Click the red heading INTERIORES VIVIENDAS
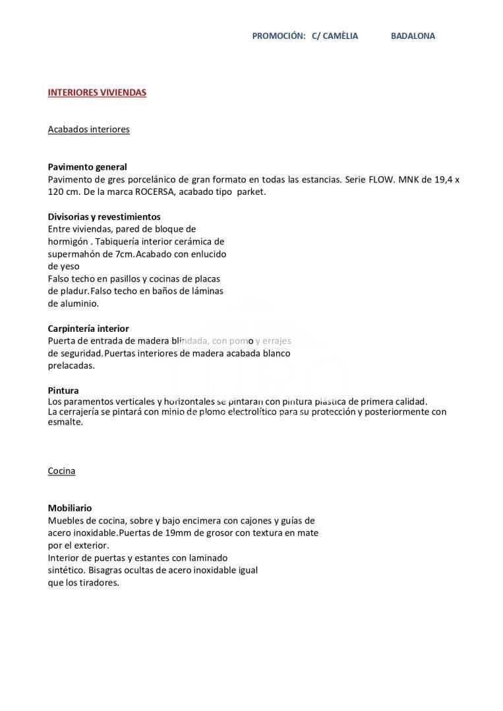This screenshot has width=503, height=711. pyautogui.click(x=97, y=92)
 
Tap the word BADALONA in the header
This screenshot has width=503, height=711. pyautogui.click(x=413, y=36)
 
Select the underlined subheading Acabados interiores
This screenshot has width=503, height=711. pyautogui.click(x=88, y=129)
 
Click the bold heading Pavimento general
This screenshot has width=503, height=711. pyautogui.click(x=87, y=167)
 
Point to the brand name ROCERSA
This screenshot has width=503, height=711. pyautogui.click(x=156, y=192)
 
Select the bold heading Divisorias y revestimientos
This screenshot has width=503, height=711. pyautogui.click(x=104, y=217)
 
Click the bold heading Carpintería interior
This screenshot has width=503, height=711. pyautogui.click(x=88, y=329)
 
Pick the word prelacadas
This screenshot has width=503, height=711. pyautogui.click(x=71, y=365)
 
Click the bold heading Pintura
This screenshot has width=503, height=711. pyautogui.click(x=63, y=390)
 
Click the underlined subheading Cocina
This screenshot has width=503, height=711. pyautogui.click(x=61, y=471)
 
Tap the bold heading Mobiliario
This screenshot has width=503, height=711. pyautogui.click(x=70, y=508)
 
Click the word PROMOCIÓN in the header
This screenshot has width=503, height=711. pyautogui.click(x=278, y=36)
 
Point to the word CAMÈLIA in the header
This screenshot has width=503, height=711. pyautogui.click(x=340, y=36)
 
